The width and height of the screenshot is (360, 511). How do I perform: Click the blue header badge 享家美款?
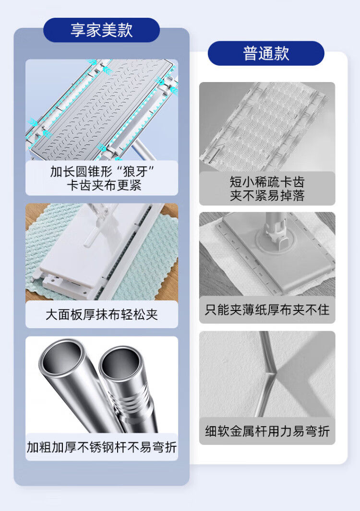(101, 30)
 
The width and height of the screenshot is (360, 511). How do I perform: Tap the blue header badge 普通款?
(266, 53)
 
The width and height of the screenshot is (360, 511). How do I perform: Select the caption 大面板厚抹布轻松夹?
(102, 315)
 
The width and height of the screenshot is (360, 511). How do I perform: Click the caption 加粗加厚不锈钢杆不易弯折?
(102, 447)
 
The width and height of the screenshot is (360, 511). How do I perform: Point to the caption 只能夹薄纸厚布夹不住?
(267, 309)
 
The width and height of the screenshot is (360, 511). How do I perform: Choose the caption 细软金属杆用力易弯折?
(267, 431)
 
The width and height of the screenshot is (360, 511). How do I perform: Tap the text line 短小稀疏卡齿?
(267, 182)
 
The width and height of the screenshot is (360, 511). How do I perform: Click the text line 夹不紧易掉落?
(267, 196)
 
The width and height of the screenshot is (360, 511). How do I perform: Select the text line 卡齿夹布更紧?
(104, 185)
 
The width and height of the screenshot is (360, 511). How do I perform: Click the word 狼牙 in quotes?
(135, 171)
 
